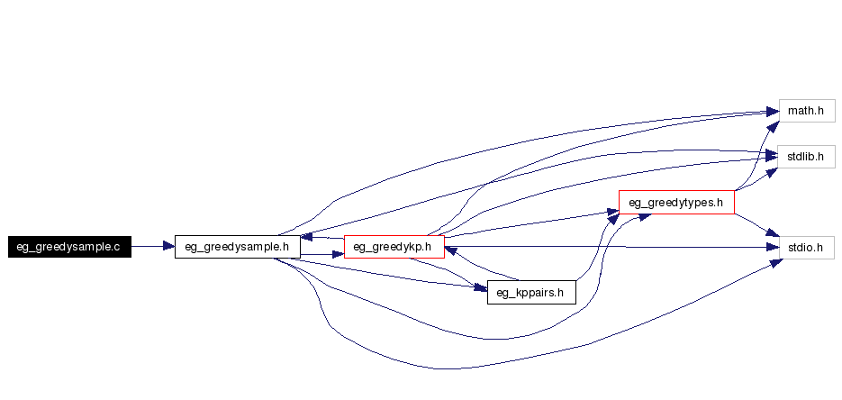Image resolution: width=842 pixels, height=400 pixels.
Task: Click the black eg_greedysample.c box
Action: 69,246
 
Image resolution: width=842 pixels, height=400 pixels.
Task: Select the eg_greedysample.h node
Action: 237,246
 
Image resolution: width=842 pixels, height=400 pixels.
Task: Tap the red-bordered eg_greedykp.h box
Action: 394,246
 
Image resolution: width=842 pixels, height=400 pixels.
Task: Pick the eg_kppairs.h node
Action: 530,292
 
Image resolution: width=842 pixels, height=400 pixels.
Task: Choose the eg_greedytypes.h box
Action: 676,202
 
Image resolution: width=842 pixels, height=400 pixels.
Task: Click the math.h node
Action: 806,111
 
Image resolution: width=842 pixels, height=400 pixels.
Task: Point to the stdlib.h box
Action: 806,156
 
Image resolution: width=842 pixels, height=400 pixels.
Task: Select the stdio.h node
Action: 805,246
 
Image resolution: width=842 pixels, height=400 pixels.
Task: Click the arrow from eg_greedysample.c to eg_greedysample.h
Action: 152,245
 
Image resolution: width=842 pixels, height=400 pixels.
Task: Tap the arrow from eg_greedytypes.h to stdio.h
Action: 757,225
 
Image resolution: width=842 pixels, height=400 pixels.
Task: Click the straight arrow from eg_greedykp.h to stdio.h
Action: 612,246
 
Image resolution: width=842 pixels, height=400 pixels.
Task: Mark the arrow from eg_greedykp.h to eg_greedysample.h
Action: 321,238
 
